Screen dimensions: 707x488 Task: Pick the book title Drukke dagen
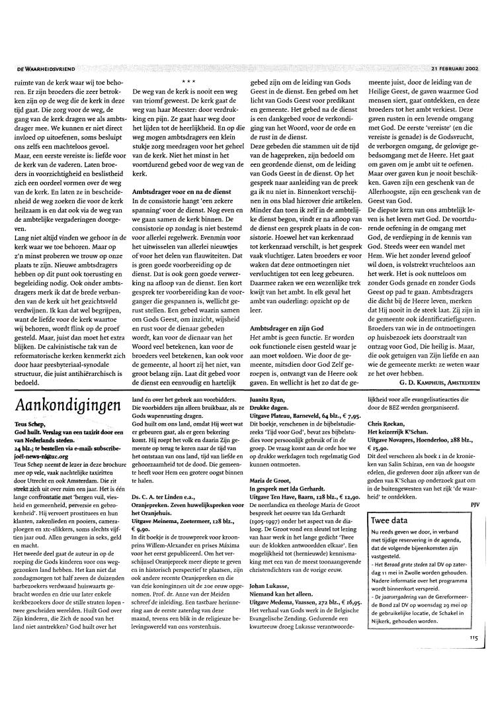(272, 409)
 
